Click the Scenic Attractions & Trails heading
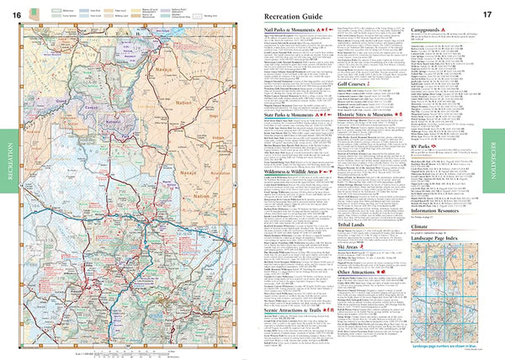pyautogui.click(x=283, y=310)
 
